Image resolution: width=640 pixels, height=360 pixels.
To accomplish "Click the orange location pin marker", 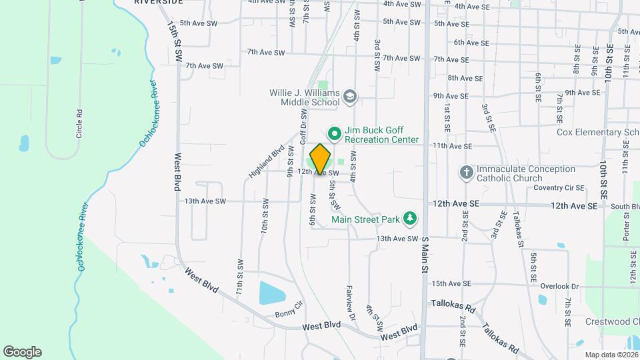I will (x=320, y=159).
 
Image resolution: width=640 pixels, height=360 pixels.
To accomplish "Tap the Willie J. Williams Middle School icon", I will (x=349, y=98).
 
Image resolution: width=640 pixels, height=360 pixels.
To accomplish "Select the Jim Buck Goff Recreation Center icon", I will (x=334, y=135).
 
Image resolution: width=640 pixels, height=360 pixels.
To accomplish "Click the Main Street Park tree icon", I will (x=411, y=219).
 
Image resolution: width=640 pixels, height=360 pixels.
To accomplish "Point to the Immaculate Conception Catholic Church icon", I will (x=467, y=173).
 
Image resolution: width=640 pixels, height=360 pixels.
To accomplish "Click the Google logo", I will (x=22, y=352).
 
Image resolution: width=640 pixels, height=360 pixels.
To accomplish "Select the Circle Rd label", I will (x=79, y=123).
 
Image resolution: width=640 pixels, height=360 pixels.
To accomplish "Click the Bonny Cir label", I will (x=289, y=313).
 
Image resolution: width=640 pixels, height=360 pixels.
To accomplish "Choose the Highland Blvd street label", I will (x=266, y=161).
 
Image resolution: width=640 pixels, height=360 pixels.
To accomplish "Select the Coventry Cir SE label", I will (x=559, y=188).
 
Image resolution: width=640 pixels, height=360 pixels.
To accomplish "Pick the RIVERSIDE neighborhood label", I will (x=158, y=2).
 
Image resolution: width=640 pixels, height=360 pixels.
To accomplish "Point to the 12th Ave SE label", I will (x=576, y=206).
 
